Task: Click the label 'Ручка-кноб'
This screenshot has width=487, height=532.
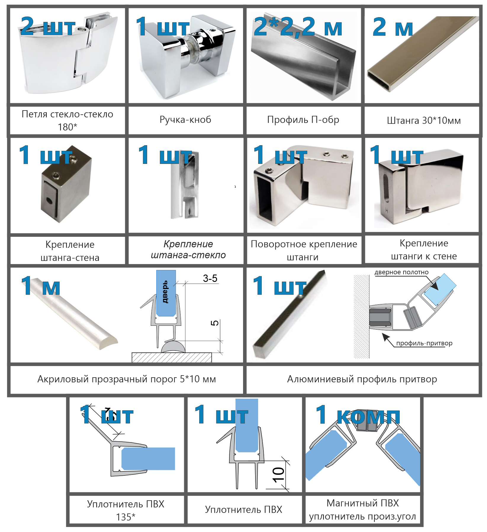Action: pyautogui.click(x=185, y=119)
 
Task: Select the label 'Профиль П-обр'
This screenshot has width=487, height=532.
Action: pyautogui.click(x=303, y=120)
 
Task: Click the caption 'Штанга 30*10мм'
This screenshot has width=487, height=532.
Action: pyautogui.click(x=424, y=121)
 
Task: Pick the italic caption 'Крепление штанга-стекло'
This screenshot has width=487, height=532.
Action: pyautogui.click(x=188, y=250)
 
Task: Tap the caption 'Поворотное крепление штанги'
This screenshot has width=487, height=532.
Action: pyautogui.click(x=304, y=250)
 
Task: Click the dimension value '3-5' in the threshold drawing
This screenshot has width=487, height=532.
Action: pyautogui.click(x=210, y=278)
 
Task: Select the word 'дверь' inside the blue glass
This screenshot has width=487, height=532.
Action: pyautogui.click(x=165, y=292)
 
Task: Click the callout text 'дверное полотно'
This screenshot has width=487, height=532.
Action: pyautogui.click(x=401, y=272)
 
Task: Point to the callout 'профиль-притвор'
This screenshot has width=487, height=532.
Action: pyautogui.click(x=424, y=343)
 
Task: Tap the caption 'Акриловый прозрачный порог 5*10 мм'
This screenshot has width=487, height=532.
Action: pyautogui.click(x=127, y=379)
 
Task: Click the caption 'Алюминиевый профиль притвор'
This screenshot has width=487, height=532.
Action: pyautogui.click(x=362, y=379)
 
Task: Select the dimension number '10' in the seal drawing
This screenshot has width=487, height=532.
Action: pyautogui.click(x=278, y=475)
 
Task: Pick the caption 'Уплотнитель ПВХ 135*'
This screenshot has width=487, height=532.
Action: pyautogui.click(x=126, y=510)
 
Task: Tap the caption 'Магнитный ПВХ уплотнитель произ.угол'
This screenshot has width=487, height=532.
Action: pyautogui.click(x=363, y=510)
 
